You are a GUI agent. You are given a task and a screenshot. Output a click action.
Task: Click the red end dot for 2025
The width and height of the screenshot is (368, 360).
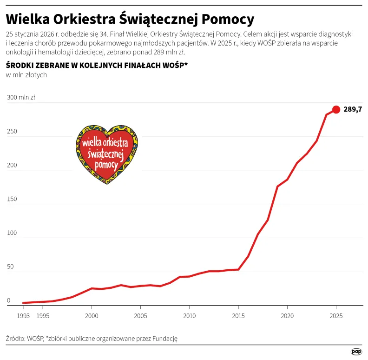[336, 109]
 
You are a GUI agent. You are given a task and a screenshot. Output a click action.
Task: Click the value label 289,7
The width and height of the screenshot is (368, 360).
[353, 110]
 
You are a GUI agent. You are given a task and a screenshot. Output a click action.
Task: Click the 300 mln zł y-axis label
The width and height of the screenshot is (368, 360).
[20, 98]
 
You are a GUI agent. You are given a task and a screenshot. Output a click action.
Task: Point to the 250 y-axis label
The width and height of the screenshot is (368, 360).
[12, 132]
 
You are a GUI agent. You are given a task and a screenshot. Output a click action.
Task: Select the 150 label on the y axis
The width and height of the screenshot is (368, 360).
[12, 199]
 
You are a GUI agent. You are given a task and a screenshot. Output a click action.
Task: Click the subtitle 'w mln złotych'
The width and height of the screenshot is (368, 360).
[26, 75]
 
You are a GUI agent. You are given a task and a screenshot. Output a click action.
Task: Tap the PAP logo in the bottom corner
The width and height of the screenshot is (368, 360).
[356, 352]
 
